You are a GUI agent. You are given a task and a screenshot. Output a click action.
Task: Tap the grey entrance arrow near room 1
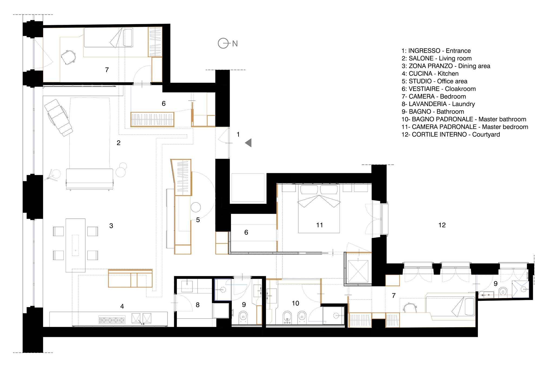click(x=249, y=143)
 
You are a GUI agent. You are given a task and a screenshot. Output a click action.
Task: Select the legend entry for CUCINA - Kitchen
click(x=430, y=74)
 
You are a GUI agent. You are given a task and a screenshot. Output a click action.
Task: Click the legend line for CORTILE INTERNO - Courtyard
click(x=450, y=134)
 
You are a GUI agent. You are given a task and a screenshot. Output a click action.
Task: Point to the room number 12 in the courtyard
click(x=442, y=225)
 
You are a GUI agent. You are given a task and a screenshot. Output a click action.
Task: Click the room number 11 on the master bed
click(x=319, y=225)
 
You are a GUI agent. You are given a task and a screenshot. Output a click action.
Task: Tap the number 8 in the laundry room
click(x=197, y=305)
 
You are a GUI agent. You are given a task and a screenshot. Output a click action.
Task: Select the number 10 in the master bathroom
click(x=295, y=303)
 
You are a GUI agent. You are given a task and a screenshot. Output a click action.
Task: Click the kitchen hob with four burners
click(x=112, y=320)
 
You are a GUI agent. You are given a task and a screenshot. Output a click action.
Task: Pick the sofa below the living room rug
click(x=90, y=179)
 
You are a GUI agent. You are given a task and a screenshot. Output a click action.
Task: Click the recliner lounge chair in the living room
click(x=58, y=117)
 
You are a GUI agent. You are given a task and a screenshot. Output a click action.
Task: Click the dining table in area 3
click(x=75, y=245)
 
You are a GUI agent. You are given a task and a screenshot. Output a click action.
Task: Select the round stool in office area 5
click(x=196, y=208)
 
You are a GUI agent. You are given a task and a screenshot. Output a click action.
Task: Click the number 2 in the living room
click(x=118, y=143)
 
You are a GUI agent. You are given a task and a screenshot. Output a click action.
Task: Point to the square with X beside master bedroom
click(x=358, y=271)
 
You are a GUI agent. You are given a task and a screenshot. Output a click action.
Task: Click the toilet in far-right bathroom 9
click(x=503, y=292)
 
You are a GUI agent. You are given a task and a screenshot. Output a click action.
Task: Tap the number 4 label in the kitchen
click(x=122, y=306)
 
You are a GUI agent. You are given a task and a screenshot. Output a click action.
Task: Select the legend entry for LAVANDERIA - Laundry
click(x=438, y=104)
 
